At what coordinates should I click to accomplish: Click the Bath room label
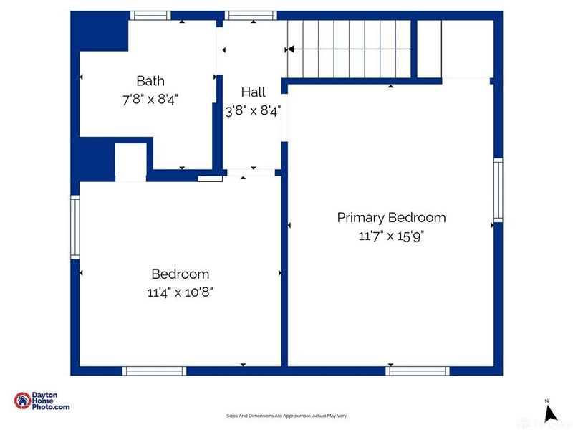coord(150,80)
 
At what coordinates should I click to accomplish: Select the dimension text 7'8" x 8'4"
coord(150,99)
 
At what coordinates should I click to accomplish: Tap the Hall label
coord(253,92)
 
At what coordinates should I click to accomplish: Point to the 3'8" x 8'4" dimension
coord(253,110)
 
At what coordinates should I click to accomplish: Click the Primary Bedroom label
coord(391,217)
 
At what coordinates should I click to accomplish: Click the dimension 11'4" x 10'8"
coord(180,292)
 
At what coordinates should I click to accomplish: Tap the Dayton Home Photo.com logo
coord(42,401)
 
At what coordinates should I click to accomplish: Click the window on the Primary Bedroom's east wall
coord(498,189)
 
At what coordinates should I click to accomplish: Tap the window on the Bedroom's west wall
coord(74,228)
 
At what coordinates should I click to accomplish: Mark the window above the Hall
coord(250,15)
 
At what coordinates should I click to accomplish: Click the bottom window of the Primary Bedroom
coord(418,371)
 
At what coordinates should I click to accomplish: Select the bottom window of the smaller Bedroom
coord(154,371)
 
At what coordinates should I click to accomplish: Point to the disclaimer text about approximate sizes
coord(286,416)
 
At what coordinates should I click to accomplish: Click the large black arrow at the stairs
coord(290,49)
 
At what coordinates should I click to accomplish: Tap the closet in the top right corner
coord(454,48)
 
